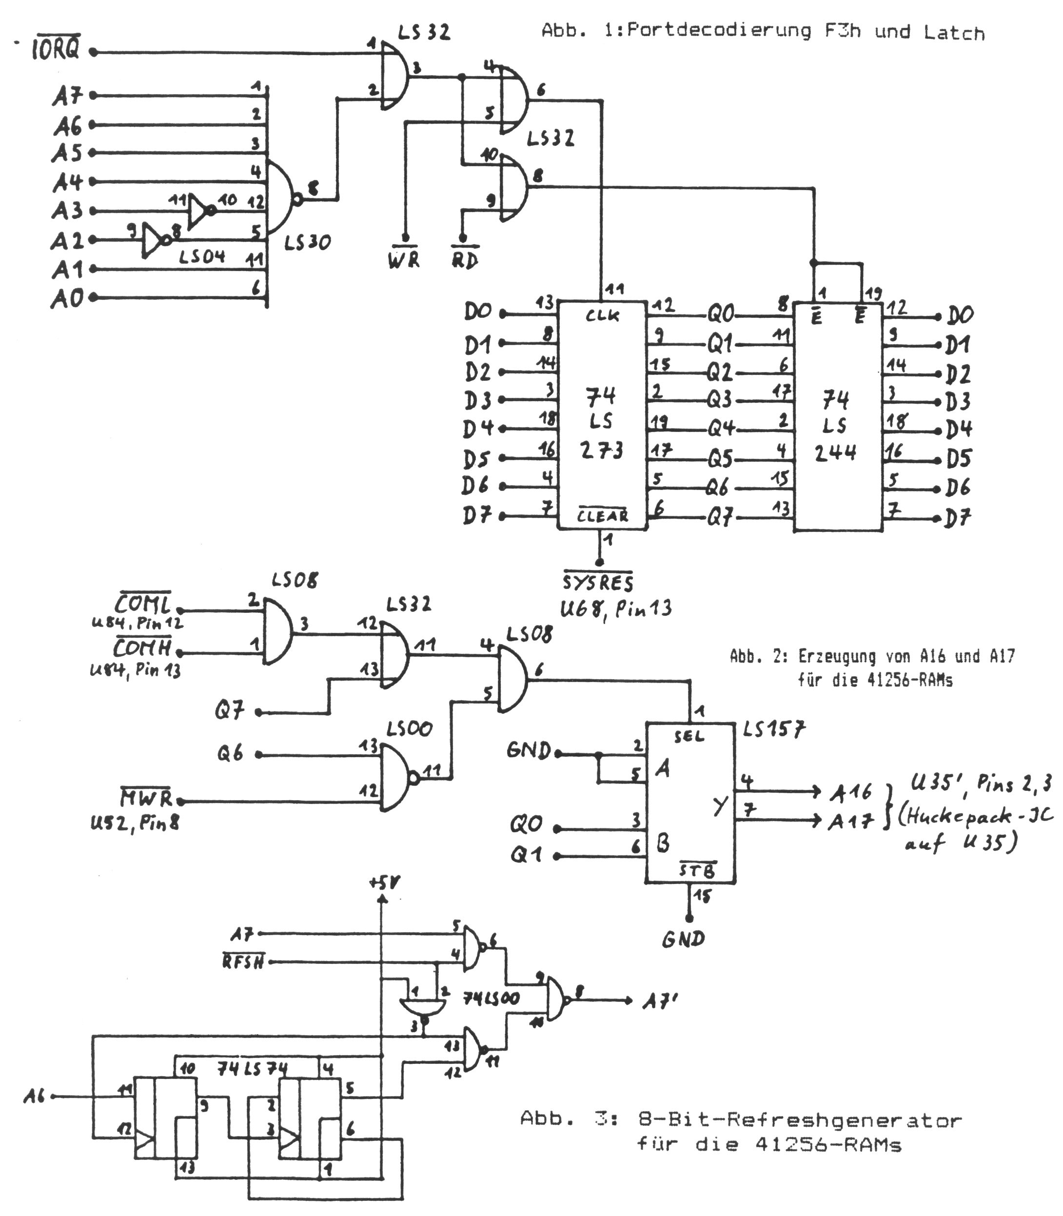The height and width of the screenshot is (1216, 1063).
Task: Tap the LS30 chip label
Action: click(307, 243)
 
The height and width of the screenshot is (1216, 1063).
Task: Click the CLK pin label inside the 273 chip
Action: click(602, 316)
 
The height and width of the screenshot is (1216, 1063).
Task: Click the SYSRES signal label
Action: click(598, 583)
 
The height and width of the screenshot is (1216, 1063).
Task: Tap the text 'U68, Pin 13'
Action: click(616, 608)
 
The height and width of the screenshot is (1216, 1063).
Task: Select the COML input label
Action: click(143, 605)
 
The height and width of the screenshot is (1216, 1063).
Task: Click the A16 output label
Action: click(850, 792)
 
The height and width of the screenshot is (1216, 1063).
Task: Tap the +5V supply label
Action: click(384, 884)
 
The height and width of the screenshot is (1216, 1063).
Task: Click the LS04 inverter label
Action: click(202, 257)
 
